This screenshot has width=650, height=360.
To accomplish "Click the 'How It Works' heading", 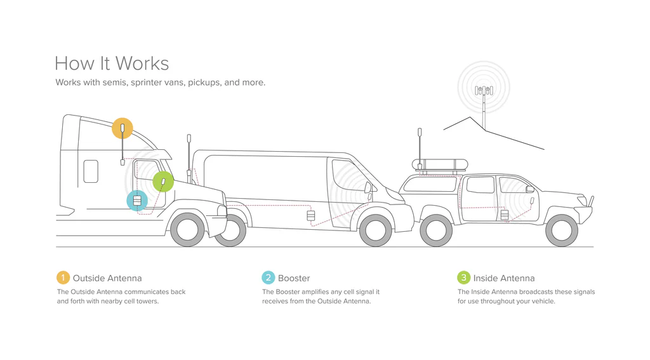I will click(x=112, y=63).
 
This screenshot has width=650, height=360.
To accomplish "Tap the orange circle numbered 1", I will click(x=63, y=278).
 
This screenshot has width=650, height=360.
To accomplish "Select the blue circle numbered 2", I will click(x=268, y=278).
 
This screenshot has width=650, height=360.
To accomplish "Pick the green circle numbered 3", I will click(x=463, y=278).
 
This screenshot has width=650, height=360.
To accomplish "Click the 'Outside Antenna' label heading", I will click(x=107, y=278).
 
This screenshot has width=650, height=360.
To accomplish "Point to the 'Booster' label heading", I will click(x=294, y=278).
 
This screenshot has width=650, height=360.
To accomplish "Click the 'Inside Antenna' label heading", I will click(x=503, y=278).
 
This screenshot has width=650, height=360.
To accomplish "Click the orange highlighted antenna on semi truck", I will click(x=123, y=129).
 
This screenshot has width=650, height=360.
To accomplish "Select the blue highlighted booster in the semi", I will click(x=137, y=201).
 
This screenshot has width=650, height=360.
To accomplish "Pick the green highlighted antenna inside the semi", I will click(x=163, y=182).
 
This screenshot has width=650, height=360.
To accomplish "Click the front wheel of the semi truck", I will click(x=187, y=230).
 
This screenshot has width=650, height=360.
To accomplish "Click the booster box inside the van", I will click(x=311, y=217).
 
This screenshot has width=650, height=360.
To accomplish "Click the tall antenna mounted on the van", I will click(x=189, y=156).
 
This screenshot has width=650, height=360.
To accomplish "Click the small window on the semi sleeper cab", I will click(x=91, y=171).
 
